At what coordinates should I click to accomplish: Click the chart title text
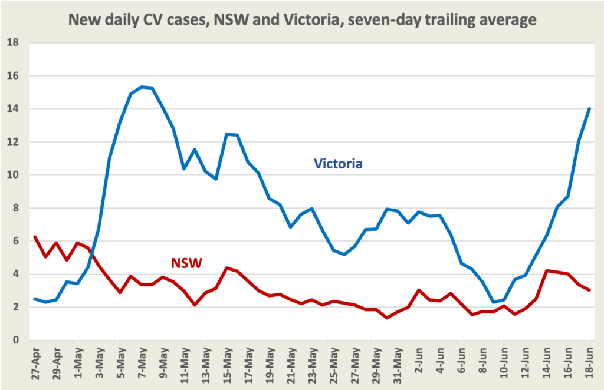point(302,19)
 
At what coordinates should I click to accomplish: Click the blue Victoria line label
point(337,163)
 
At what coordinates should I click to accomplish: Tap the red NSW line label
point(186,263)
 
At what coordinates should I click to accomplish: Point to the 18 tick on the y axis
point(13,43)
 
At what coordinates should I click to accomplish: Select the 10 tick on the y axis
point(13,175)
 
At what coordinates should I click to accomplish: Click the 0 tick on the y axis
point(16,341)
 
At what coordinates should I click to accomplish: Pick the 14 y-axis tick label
point(13,109)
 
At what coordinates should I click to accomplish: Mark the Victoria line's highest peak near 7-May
point(142,87)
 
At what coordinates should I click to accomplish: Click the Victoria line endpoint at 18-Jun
point(589,108)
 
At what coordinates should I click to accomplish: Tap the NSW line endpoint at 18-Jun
point(589,290)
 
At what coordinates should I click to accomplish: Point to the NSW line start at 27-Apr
point(35,237)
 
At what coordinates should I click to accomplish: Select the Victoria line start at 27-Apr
point(35,299)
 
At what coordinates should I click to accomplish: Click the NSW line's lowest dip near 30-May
point(387,318)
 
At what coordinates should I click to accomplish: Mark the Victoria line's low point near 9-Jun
point(494,302)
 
